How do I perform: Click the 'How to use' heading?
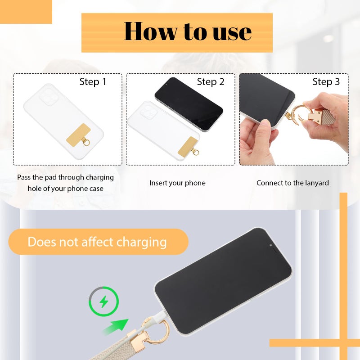tap(188, 31)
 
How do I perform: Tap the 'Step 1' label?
tap(93, 82)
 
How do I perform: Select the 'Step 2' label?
tap(211, 82)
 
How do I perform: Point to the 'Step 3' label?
tap(326, 82)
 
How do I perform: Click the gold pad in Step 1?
tap(78, 134)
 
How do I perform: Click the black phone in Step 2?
tap(189, 104)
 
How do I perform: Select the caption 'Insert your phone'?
tap(177, 183)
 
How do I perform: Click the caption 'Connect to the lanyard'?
tap(292, 183)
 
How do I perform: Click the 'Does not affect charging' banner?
tap(98, 242)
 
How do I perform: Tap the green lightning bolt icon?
tap(104, 301)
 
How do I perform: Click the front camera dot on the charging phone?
tap(271, 245)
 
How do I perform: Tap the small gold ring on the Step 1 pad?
tap(86, 142)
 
